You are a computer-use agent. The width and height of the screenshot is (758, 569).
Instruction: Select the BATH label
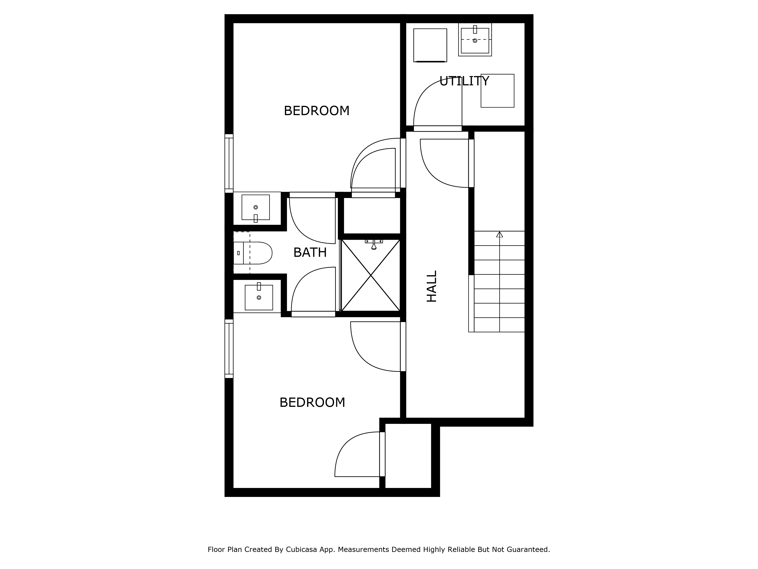pyautogui.click(x=310, y=252)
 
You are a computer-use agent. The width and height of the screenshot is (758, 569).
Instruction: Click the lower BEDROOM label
pyautogui.click(x=312, y=402)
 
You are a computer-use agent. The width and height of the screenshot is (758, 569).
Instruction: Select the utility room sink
pyautogui.click(x=475, y=40)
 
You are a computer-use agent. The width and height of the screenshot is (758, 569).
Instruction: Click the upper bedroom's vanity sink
pyautogui.click(x=256, y=207)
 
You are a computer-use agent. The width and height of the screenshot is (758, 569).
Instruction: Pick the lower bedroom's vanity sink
pyautogui.click(x=259, y=297)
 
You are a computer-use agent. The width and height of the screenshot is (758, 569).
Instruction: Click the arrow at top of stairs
pyautogui.click(x=500, y=235)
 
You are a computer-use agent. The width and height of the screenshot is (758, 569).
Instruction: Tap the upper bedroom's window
pyautogui.click(x=229, y=163)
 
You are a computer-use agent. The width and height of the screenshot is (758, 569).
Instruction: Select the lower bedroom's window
pyautogui.click(x=229, y=348)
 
